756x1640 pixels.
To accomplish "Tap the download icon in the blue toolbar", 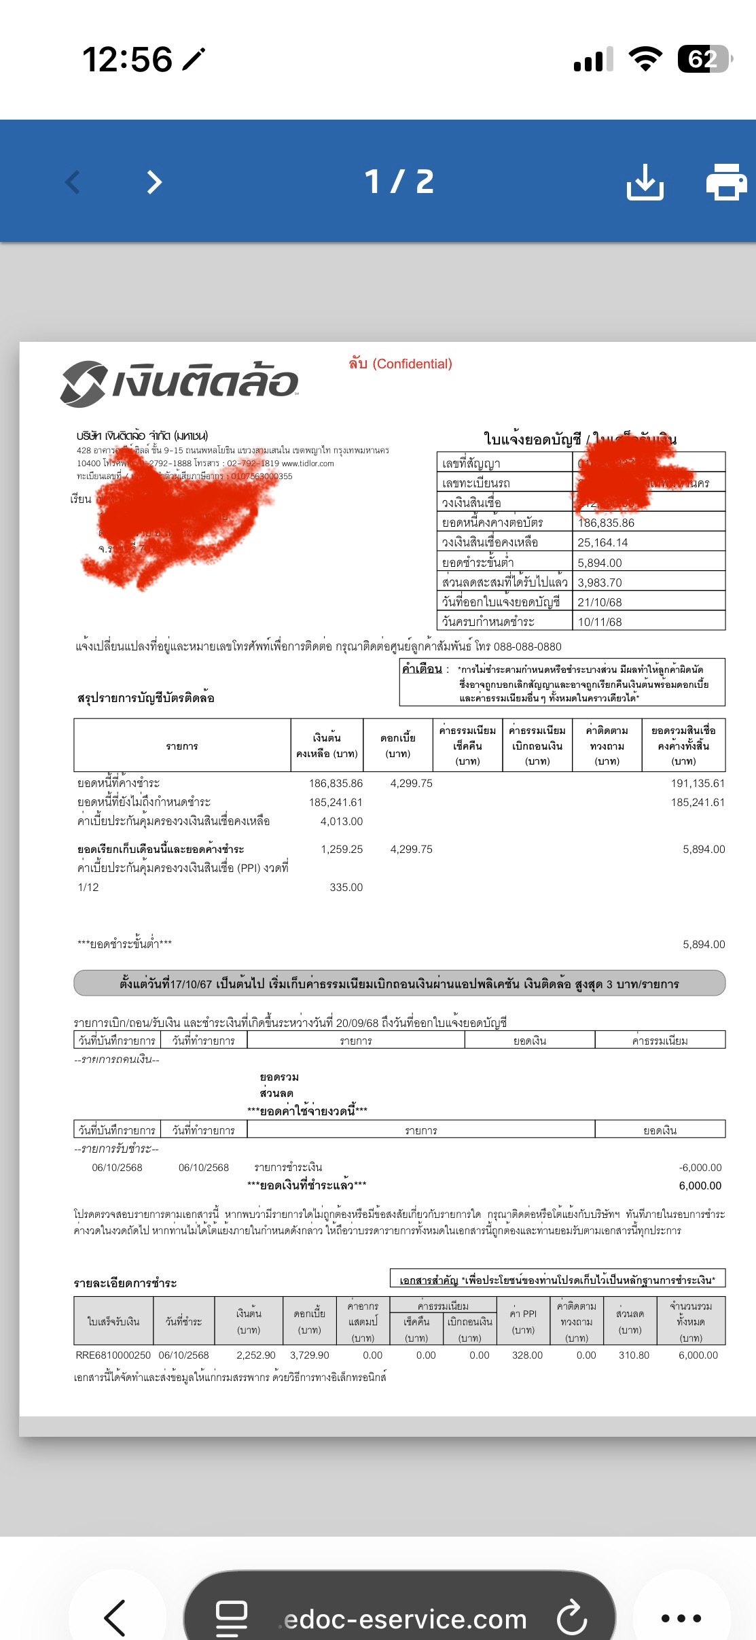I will pyautogui.click(x=645, y=181).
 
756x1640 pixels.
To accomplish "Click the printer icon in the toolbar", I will pyautogui.click(x=726, y=181).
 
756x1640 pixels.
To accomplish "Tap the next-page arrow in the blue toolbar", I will pyautogui.click(x=155, y=182).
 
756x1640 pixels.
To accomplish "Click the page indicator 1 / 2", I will pyautogui.click(x=399, y=181).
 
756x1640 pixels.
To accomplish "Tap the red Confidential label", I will pyautogui.click(x=400, y=364).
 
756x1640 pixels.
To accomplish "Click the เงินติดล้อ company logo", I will pyautogui.click(x=179, y=383).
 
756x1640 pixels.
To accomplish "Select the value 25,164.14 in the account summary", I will pyautogui.click(x=602, y=542).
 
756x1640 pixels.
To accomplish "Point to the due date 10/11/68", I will pyautogui.click(x=599, y=622).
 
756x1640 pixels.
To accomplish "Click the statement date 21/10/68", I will pyautogui.click(x=599, y=602).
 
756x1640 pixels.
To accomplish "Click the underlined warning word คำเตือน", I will pyautogui.click(x=422, y=669).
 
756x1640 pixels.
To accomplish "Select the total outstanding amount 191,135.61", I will pyautogui.click(x=697, y=783).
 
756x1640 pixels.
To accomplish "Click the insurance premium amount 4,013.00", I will pyautogui.click(x=342, y=821).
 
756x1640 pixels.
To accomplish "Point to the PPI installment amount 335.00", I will pyautogui.click(x=346, y=887).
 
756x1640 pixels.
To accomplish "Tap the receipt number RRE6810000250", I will pyautogui.click(x=113, y=1355).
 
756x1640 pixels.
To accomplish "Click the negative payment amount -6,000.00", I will pyautogui.click(x=700, y=1167).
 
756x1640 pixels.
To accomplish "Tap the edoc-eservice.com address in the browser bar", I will pyautogui.click(x=406, y=1619).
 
